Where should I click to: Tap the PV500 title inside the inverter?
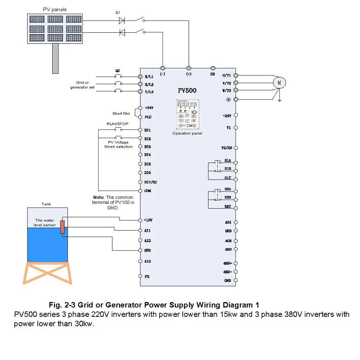pyautogui.click(x=187, y=90)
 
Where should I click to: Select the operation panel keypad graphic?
pyautogui.click(x=187, y=114)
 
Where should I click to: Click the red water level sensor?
pyautogui.click(x=62, y=227)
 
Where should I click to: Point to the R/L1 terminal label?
pyautogui.click(x=149, y=77)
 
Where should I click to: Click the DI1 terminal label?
pyautogui.click(x=147, y=130)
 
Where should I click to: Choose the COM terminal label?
pyautogui.click(x=147, y=191)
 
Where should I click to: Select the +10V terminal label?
pyautogui.click(x=149, y=220)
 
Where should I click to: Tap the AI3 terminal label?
pyautogui.click(x=147, y=261)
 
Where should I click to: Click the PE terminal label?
pyautogui.click(x=147, y=276)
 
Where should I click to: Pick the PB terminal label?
pyautogui.click(x=213, y=74)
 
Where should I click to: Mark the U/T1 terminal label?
pyautogui.click(x=227, y=76)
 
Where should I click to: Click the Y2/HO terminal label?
pyautogui.click(x=227, y=148)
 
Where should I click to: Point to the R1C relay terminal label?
pyautogui.click(x=228, y=178)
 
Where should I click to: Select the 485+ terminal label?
pyautogui.click(x=228, y=264)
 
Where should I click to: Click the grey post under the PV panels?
pyautogui.click(x=55, y=58)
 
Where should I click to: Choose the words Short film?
pyautogui.click(x=121, y=114)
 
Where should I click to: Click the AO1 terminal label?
pyautogui.click(x=228, y=223)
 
